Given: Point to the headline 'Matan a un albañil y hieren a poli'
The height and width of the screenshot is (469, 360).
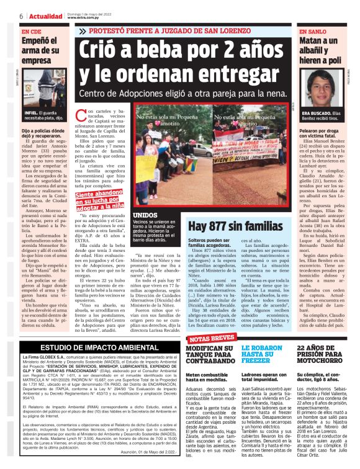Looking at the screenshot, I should pos(319,51).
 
